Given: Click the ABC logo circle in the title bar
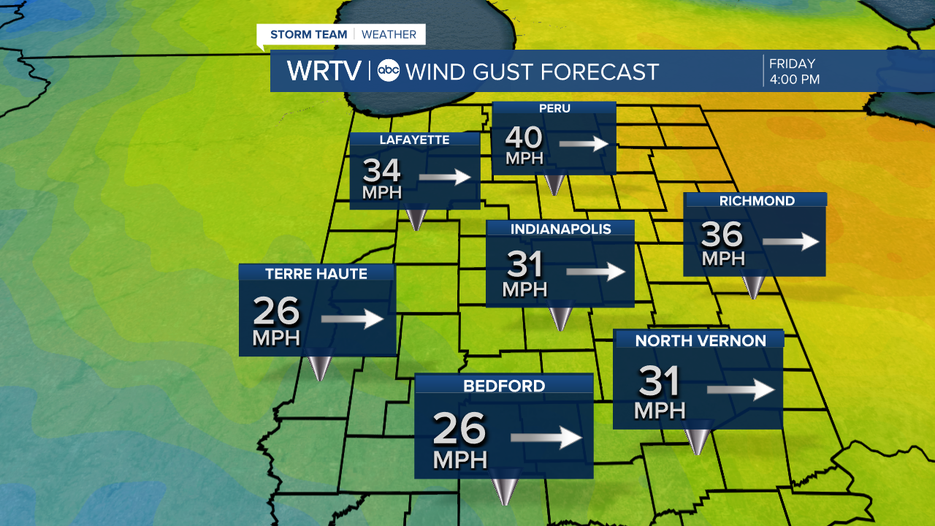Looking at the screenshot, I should pos(389,71).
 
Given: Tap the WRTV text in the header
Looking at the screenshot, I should pos(324,71).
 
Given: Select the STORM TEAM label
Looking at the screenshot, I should pos(308,34).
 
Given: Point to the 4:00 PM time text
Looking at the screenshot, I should pos(794,79).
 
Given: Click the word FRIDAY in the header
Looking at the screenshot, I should pos(792,64).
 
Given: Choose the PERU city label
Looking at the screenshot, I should pos(554,109).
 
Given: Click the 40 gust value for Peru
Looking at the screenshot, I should pos(524,138).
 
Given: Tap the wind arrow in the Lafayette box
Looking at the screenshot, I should pos(444,177).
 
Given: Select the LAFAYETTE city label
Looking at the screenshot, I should pos(414,140).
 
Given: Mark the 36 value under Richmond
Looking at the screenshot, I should pos(722,235).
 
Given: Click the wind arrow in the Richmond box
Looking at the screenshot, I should pos(790,241).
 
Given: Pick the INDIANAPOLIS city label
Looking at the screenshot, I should pos(560,229).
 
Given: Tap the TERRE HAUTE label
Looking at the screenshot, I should pos(316,273).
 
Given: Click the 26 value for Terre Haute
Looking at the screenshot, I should pos(276,312).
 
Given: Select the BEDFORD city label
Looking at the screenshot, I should pos(504,386).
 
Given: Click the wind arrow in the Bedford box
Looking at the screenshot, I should pos(546,438).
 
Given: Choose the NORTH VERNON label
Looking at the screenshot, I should pos(700,340).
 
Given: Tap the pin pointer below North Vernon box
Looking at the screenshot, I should pos(698,441).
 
